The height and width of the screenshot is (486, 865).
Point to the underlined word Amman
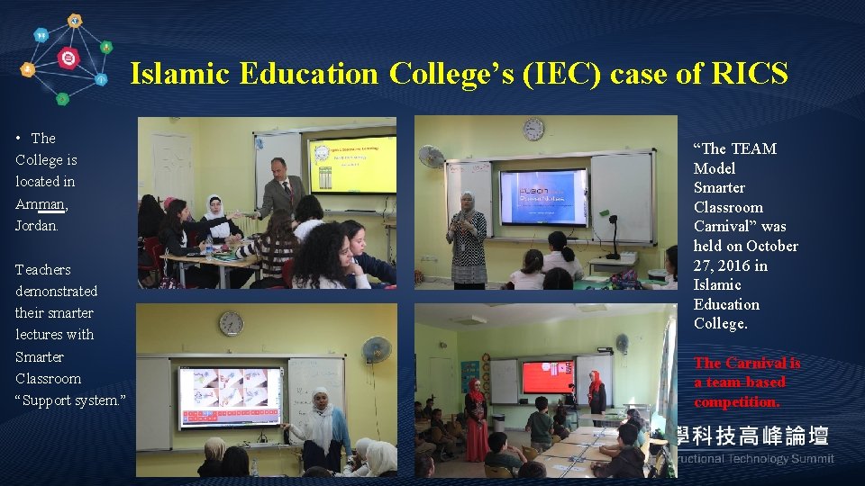[41, 203]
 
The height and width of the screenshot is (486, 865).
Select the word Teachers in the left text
[42, 269]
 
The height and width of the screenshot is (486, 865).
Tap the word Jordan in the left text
[36, 225]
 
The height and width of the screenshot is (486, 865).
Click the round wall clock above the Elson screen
[533, 129]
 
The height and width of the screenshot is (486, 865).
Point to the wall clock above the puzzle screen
[231, 323]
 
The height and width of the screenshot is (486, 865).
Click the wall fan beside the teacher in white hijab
[376, 349]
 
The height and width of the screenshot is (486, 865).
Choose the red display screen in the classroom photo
[548, 376]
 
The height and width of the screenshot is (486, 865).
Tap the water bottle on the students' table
[209, 247]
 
